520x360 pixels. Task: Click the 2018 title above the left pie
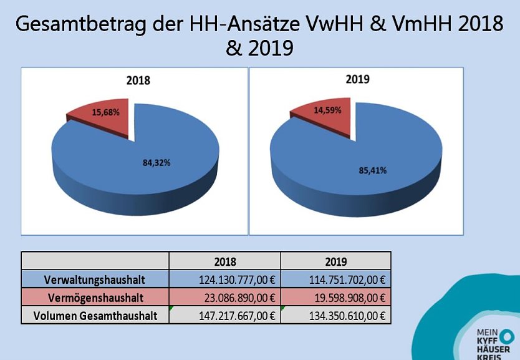[138, 80]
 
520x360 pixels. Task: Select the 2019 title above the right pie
[357, 79]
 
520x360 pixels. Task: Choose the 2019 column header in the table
[335, 261]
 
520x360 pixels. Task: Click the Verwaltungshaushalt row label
[95, 279]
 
